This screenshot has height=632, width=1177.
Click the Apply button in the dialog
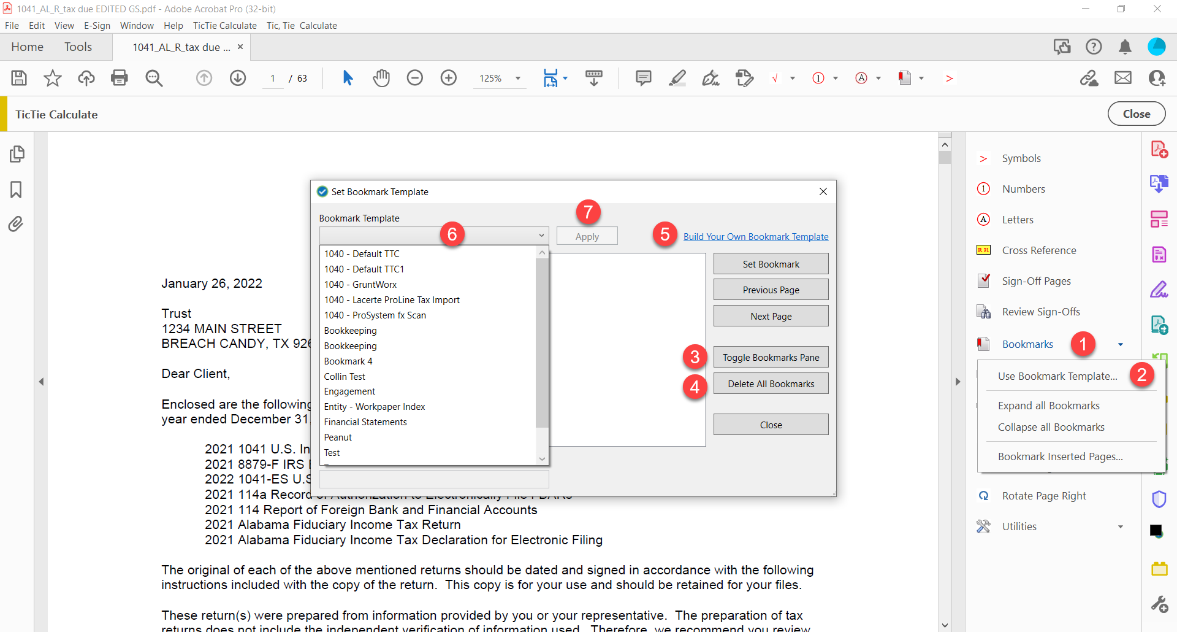587,236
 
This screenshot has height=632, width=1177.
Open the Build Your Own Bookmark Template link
755,237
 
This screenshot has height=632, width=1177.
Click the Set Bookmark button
771,264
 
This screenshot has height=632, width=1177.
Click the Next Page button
771,316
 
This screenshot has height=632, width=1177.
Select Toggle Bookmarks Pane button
771,357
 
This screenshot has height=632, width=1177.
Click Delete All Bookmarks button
771,383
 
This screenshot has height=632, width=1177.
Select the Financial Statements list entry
365,422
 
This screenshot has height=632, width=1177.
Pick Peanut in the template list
338,437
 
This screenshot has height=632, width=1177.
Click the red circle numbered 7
588,212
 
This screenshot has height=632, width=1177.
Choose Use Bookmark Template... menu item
1057,376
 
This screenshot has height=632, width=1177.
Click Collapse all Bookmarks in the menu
1051,427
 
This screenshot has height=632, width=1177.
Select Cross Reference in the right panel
1038,250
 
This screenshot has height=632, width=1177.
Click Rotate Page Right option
1043,496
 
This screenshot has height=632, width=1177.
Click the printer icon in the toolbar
120,78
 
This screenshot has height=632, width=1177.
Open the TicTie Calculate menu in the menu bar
224,26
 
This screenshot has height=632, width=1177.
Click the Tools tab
78,47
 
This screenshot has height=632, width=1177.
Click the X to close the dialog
823,191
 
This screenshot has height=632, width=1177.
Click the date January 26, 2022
211,283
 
